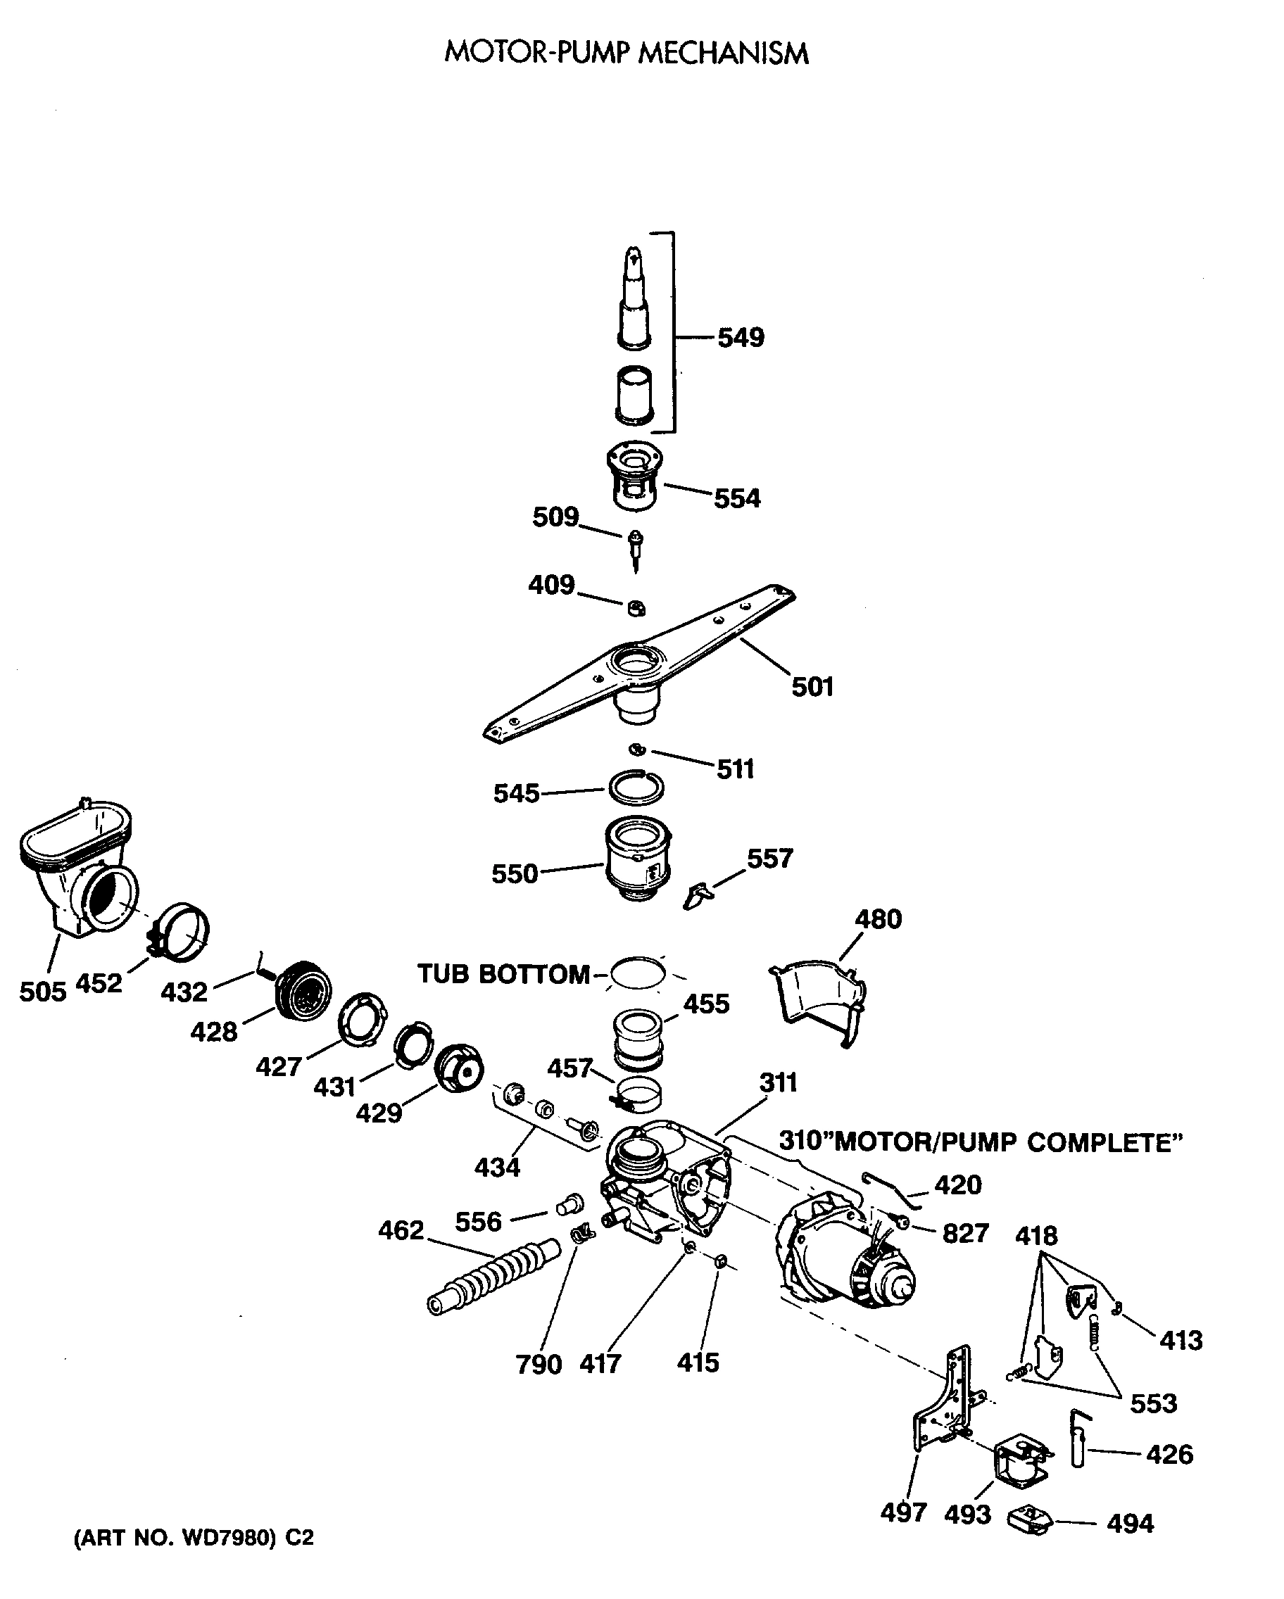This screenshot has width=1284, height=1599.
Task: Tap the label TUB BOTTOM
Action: [503, 974]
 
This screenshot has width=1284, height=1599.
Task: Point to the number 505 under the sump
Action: [42, 992]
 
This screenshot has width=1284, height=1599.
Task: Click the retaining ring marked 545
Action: [636, 788]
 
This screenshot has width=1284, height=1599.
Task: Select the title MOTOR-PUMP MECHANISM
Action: [626, 53]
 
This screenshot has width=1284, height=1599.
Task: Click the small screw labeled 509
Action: [635, 550]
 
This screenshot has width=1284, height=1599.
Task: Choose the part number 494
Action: [1130, 1524]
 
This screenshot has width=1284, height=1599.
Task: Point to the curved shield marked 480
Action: [819, 997]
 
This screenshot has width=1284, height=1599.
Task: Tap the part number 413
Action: [1180, 1340]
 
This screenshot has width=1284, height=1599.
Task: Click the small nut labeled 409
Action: [636, 608]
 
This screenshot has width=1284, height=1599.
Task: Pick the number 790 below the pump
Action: [539, 1364]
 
